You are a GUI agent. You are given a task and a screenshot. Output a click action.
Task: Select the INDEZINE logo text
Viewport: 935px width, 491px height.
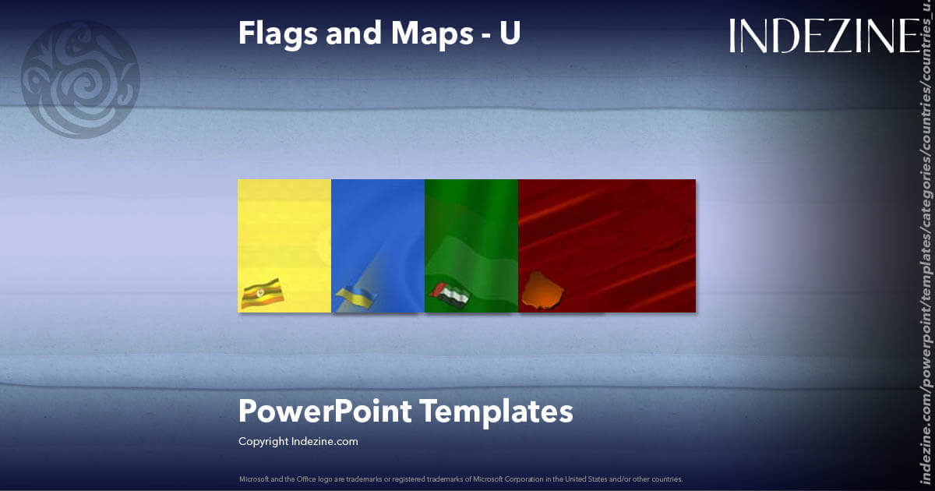[x=824, y=37]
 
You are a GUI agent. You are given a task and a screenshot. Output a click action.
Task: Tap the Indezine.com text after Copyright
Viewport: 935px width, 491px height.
[x=325, y=441]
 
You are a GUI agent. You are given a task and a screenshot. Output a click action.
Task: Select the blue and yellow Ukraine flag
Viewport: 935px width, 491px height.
[x=356, y=297]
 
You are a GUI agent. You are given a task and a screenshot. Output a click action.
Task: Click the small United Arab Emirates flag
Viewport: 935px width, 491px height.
[x=450, y=295]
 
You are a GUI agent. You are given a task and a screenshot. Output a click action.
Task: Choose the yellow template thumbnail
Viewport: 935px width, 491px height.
[x=284, y=234]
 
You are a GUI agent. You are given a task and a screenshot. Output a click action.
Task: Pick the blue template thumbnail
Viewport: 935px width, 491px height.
[x=378, y=234]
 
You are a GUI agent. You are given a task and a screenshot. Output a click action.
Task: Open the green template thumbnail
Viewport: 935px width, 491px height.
[x=471, y=234]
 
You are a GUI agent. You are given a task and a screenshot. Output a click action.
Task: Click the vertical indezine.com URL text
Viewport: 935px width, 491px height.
[x=926, y=257]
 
